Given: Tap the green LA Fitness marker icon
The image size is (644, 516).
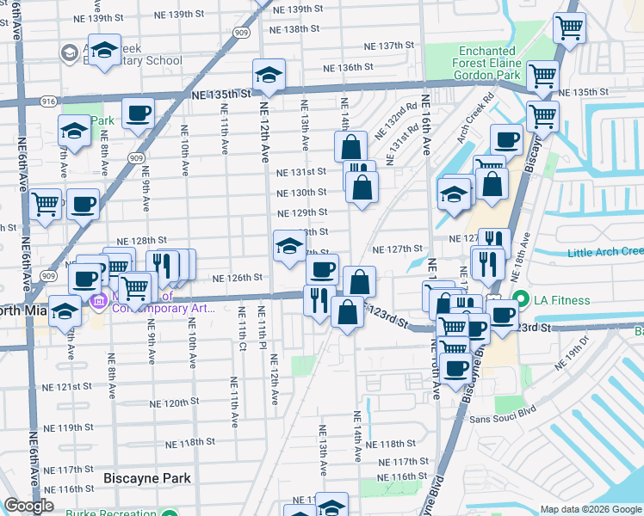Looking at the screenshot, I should coord(520,300).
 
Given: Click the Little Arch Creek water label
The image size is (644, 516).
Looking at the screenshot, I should coord(605,252).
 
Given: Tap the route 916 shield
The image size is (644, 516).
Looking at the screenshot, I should coord(48,101).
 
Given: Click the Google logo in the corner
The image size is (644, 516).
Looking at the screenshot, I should coord(28,506).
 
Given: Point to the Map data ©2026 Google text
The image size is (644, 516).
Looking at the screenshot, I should coord(590,509).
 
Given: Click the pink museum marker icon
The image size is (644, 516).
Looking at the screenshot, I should coord(97,302).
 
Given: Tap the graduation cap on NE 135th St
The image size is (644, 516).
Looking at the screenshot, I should coord(269,75).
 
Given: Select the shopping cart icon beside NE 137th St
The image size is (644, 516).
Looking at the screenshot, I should coord(569,28).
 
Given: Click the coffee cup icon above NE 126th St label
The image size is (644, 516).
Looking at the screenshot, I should coord(322,270).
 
